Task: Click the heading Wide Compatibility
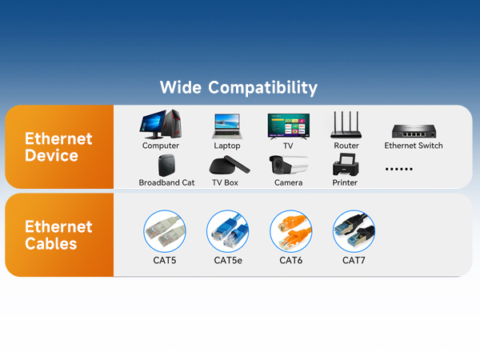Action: click(x=238, y=87)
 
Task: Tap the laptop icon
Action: click(x=226, y=126)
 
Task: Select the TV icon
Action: click(x=288, y=126)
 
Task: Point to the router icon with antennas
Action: click(x=346, y=124)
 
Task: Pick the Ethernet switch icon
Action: click(x=413, y=130)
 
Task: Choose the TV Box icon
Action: click(x=224, y=166)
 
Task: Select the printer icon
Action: click(x=345, y=166)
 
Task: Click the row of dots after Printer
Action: click(x=399, y=169)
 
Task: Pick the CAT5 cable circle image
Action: click(x=165, y=231)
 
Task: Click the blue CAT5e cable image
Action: click(x=228, y=231)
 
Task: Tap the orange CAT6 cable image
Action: click(x=290, y=231)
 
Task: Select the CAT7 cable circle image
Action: click(x=354, y=231)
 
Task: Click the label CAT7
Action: click(x=354, y=261)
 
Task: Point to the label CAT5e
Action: click(x=228, y=261)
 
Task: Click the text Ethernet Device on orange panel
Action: click(x=58, y=146)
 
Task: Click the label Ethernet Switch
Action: click(x=413, y=146)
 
